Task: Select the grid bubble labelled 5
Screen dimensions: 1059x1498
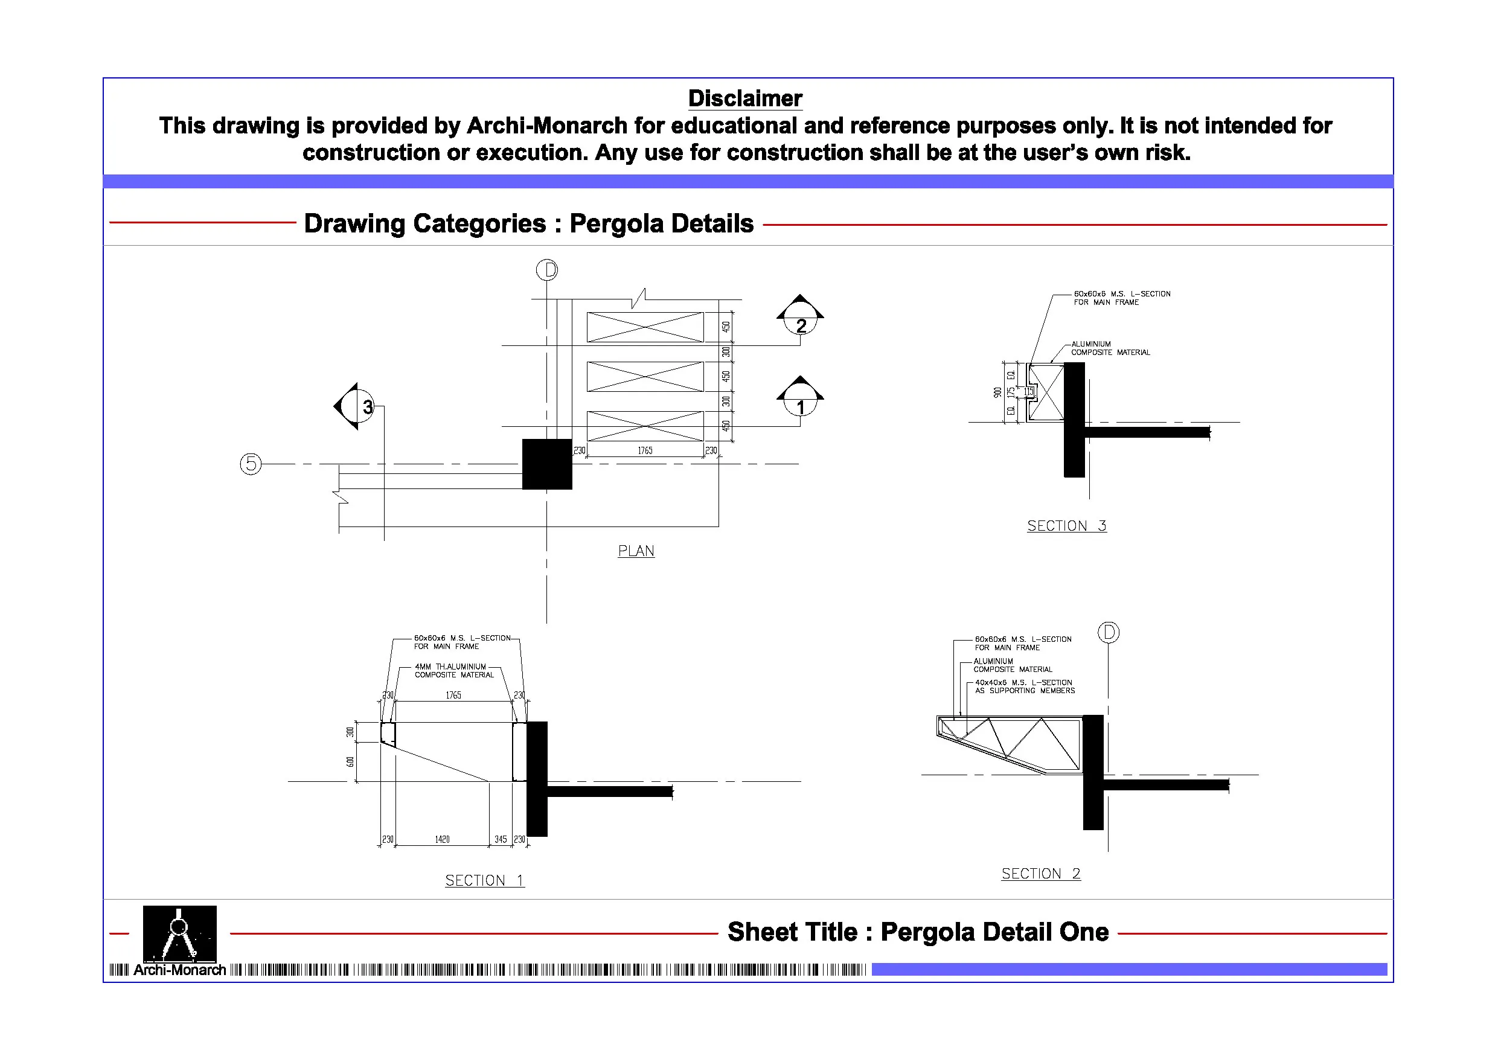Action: coord(251,464)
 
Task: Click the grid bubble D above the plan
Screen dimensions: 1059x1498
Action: coord(547,269)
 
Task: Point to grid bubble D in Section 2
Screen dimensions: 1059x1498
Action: coord(1109,632)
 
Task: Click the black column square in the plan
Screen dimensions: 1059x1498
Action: coord(547,464)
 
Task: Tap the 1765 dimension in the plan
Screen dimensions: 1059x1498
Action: coord(645,450)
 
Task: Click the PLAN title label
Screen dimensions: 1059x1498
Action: coord(636,551)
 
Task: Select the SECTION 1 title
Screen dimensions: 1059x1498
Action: coord(485,880)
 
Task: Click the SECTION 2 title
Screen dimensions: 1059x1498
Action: coord(1041,873)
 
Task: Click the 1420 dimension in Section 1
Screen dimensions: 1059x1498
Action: coord(442,839)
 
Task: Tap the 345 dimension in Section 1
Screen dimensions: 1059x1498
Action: coord(501,839)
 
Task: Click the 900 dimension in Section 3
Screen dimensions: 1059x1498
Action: coord(997,392)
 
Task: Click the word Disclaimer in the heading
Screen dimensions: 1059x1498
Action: coord(745,98)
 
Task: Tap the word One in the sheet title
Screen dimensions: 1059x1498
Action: coord(1084,932)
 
